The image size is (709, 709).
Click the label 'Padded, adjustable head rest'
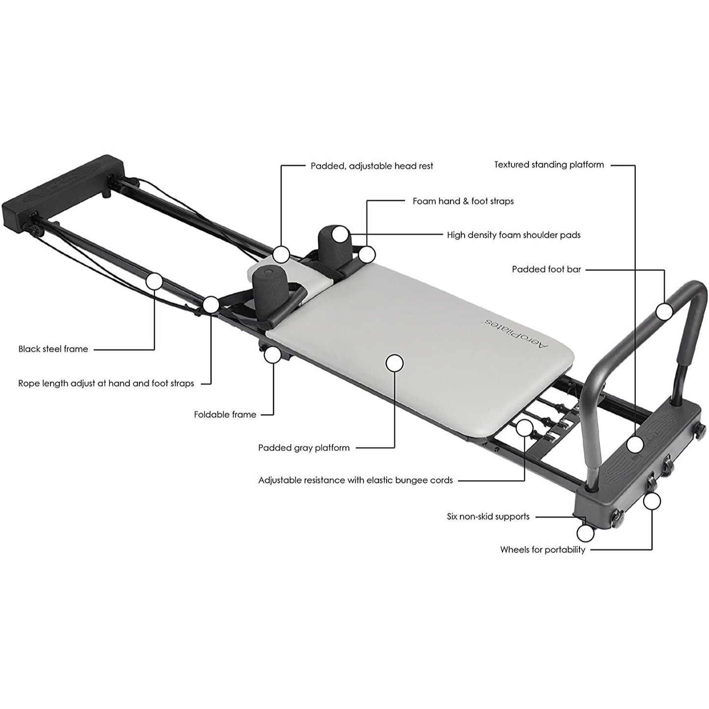[371, 166]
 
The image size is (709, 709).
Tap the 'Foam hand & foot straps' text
[463, 201]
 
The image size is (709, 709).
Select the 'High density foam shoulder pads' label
[514, 235]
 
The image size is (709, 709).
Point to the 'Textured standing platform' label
[549, 165]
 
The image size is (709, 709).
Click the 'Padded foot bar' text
[547, 269]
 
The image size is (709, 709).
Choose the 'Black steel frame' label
[53, 349]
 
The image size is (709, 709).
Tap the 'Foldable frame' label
[225, 415]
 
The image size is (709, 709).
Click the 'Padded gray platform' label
[304, 448]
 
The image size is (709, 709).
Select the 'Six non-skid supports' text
[488, 516]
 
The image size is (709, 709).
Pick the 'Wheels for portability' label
[543, 550]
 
